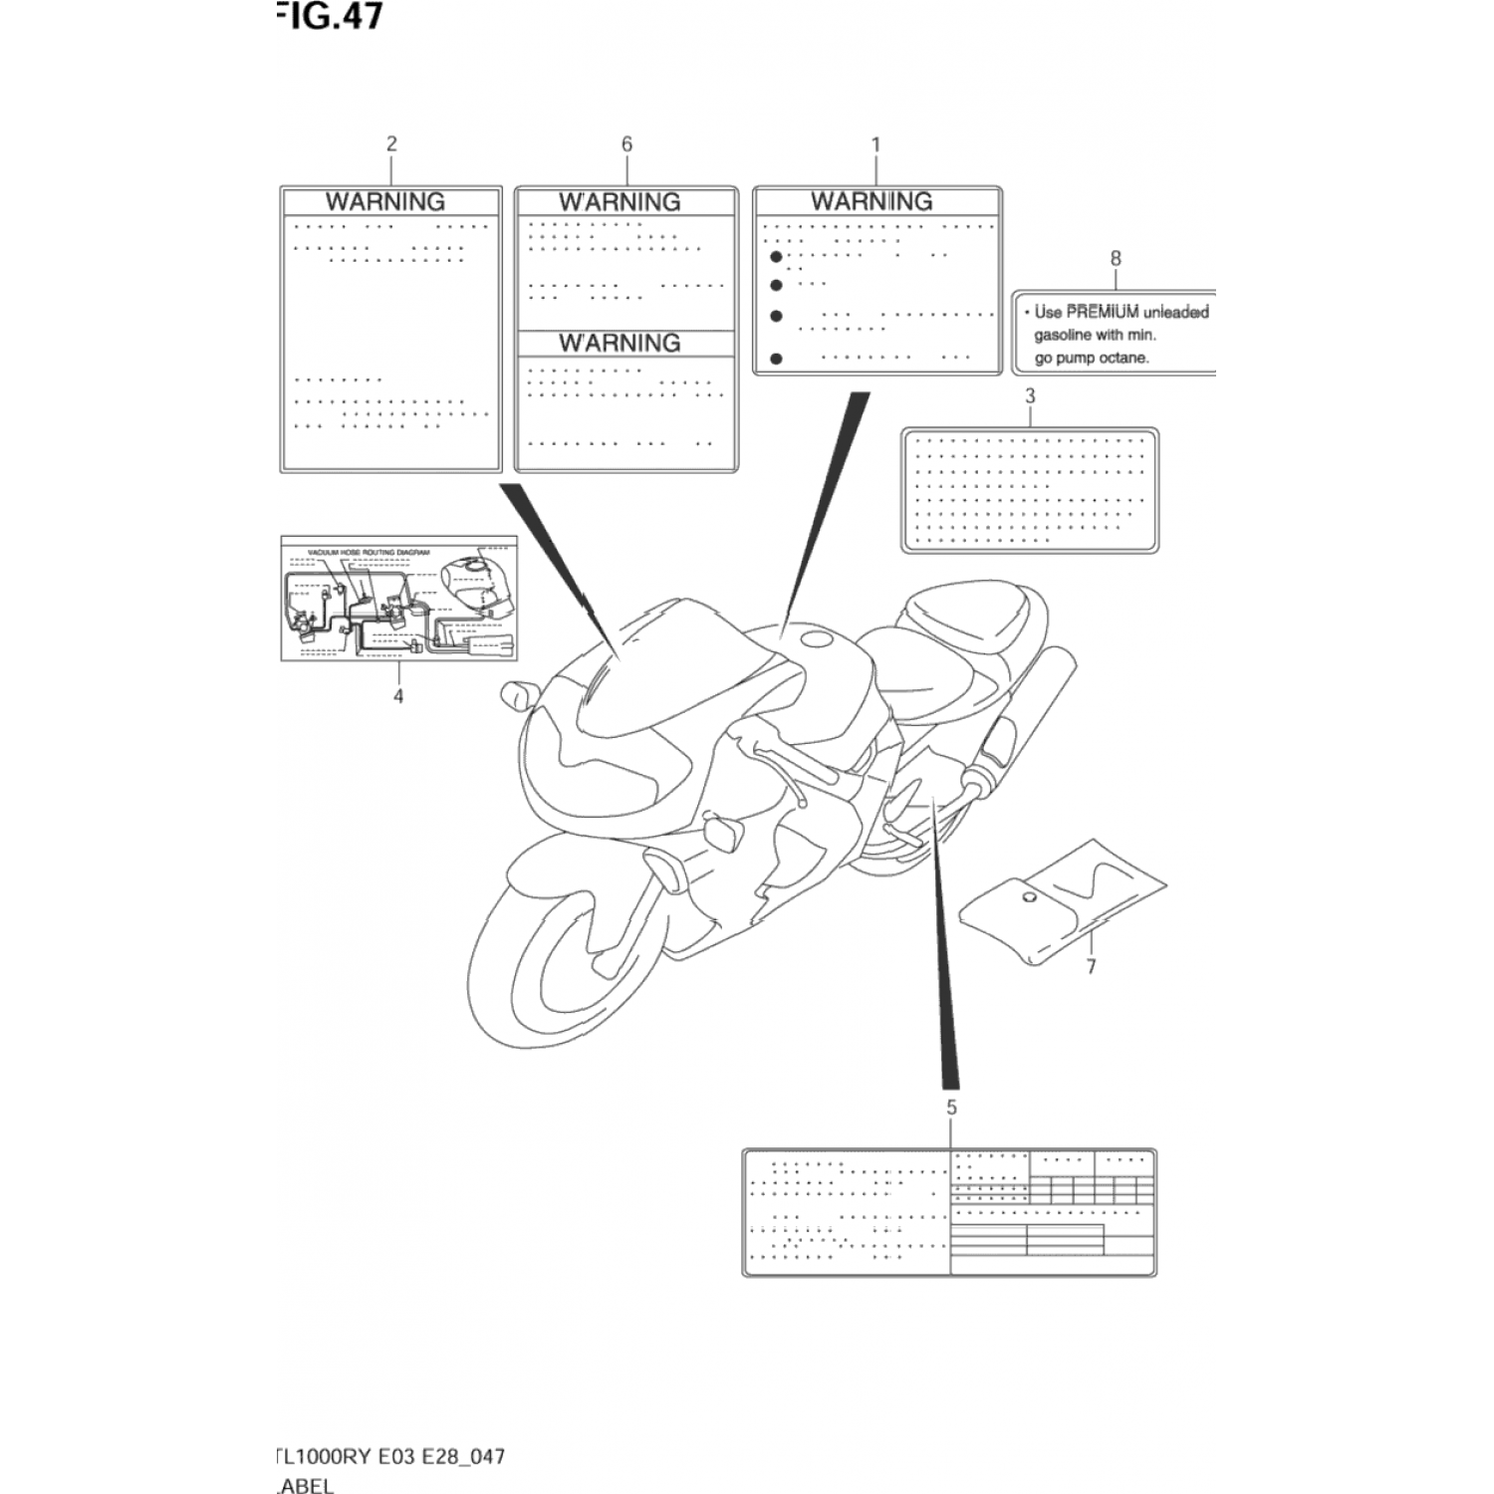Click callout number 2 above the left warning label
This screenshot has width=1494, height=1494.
(x=391, y=143)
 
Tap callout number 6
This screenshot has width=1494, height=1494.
(x=626, y=143)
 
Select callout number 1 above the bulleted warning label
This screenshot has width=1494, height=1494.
(x=875, y=144)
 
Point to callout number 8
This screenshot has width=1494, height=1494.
(x=1116, y=258)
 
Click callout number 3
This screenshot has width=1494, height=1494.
(x=1030, y=395)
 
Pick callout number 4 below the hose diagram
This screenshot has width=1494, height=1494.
(x=398, y=696)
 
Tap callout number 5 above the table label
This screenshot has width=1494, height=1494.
(x=951, y=1108)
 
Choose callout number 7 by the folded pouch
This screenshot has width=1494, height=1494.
(x=1092, y=966)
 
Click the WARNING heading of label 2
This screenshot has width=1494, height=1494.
(x=385, y=201)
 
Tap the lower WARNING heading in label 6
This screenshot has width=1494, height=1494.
(x=620, y=343)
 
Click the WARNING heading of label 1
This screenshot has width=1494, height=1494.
(x=871, y=201)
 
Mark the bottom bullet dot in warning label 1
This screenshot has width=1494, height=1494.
(x=777, y=359)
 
